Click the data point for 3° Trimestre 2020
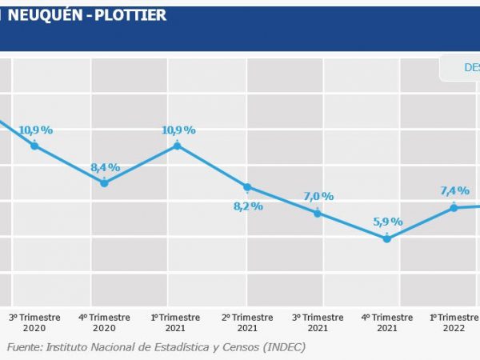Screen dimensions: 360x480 point(34,146)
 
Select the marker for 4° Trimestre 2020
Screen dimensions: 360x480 point(105,183)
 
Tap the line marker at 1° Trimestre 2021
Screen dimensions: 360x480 point(177,146)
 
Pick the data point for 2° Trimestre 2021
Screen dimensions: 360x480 point(247,187)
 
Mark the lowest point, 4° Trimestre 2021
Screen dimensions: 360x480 point(387,238)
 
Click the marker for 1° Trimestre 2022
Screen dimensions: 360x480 point(454,207)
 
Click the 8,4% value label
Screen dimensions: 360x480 point(105,167)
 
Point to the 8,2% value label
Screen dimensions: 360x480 point(248,206)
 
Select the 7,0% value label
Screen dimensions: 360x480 point(318,196)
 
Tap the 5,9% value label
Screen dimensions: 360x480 point(388,222)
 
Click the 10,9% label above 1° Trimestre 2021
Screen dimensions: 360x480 point(178,130)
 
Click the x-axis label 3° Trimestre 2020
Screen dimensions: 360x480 point(34,322)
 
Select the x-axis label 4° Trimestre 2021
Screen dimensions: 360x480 point(387,322)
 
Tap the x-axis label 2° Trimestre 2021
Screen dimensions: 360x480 point(247,322)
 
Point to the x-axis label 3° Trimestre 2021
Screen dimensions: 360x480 point(318,322)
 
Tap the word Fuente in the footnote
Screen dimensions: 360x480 point(25,346)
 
